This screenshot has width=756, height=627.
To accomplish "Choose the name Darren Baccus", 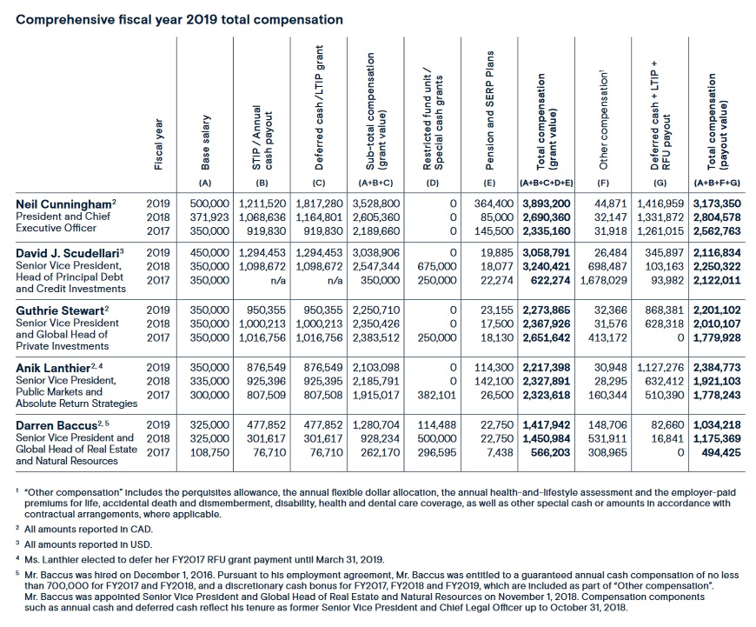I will [56, 424].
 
